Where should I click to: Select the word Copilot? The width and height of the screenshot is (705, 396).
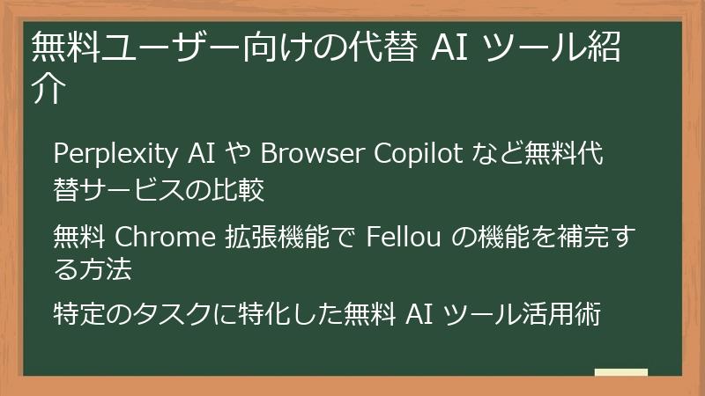click(420, 154)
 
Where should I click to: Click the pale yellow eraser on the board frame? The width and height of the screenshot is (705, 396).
click(620, 373)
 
